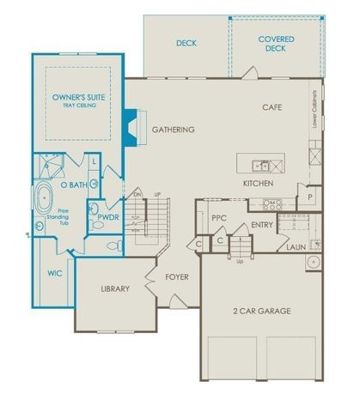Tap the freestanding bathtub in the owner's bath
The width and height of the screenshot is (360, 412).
tap(43, 197)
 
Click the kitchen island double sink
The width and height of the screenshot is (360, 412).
tap(261, 166)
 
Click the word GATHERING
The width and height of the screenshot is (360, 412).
tap(174, 130)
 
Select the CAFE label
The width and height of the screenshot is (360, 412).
tap(273, 108)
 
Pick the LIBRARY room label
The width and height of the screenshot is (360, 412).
tap(114, 288)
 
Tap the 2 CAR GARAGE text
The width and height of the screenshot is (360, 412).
tap(262, 310)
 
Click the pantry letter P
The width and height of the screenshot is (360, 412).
tap(310, 197)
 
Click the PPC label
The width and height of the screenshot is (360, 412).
tap(218, 218)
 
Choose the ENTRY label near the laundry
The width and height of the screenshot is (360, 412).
tap(261, 225)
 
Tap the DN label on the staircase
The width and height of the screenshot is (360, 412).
tap(135, 195)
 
